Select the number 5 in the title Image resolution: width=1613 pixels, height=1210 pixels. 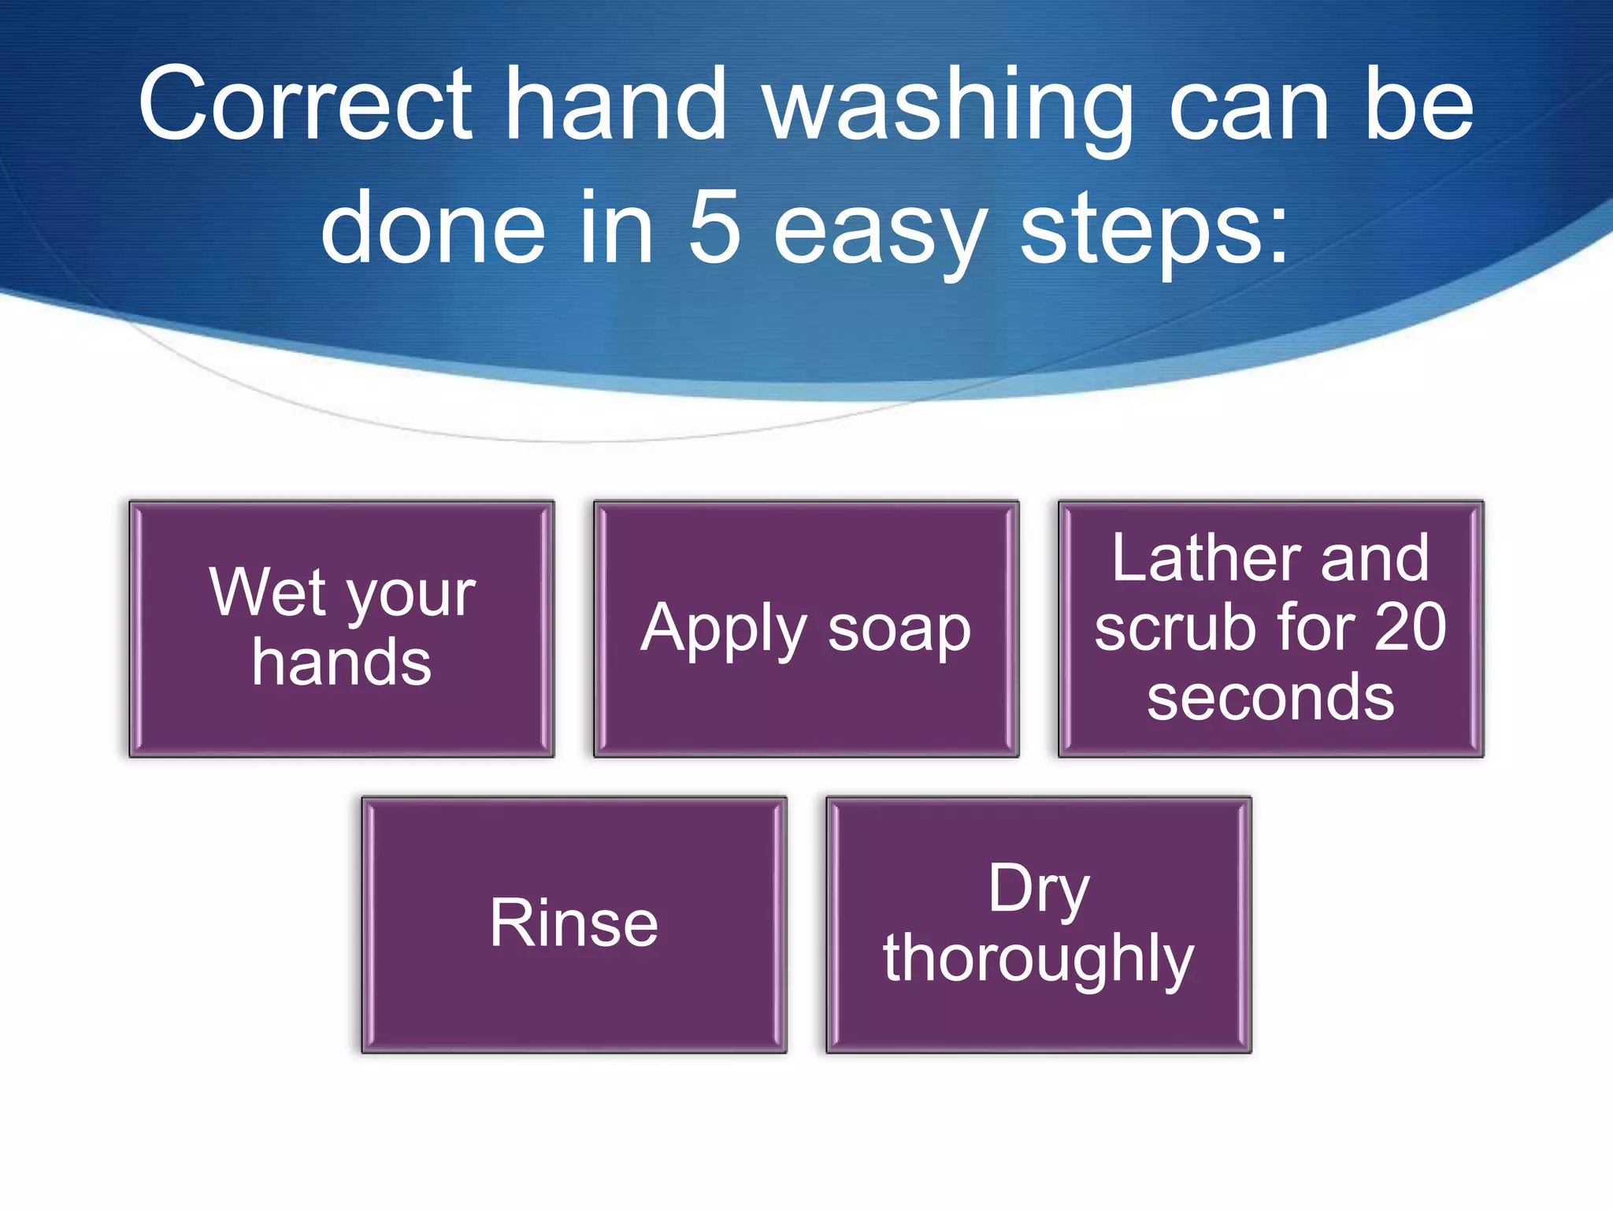pyautogui.click(x=715, y=228)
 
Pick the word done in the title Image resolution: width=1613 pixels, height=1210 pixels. pyautogui.click(x=432, y=228)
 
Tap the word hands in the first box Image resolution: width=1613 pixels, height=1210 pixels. pyautogui.click(x=342, y=663)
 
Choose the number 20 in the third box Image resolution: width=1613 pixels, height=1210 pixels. pyautogui.click(x=1410, y=628)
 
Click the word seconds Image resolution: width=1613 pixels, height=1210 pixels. pyautogui.click(x=1270, y=698)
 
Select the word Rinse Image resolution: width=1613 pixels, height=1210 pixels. pyautogui.click(x=573, y=923)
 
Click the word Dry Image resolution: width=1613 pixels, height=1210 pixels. pyautogui.click(x=1039, y=890)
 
